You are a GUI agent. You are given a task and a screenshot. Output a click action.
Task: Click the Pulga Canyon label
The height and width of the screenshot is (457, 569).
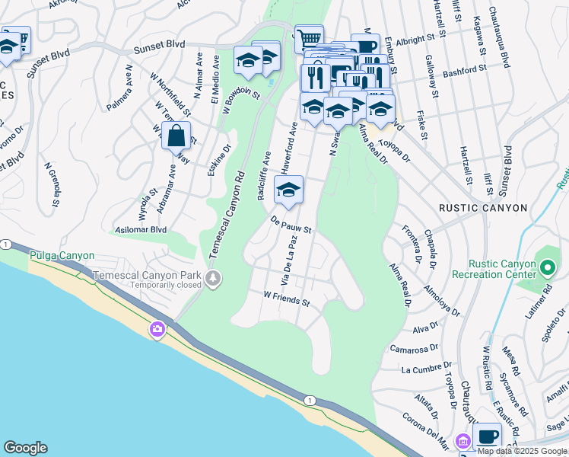[x=62, y=255]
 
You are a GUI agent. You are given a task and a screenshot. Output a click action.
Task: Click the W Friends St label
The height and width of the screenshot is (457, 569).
[x=286, y=298]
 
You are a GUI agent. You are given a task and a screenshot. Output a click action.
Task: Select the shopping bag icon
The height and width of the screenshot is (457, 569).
[x=176, y=137]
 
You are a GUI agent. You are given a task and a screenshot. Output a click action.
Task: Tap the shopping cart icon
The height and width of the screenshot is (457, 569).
[x=309, y=38]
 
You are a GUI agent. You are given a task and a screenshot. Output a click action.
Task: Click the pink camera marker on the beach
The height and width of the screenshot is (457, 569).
[x=157, y=329]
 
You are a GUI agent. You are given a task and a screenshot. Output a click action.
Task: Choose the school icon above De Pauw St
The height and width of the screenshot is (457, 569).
[x=288, y=191]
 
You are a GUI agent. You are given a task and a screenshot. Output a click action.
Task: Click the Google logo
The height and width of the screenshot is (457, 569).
[x=25, y=448]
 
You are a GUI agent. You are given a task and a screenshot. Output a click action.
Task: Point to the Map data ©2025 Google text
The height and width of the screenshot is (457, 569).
[x=522, y=451]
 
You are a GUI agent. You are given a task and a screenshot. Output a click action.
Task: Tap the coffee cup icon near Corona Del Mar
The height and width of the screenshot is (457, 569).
[x=487, y=437]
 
